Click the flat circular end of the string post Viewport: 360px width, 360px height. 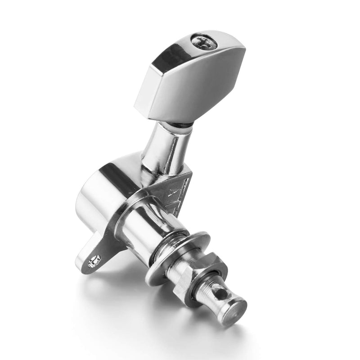point(234,310)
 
